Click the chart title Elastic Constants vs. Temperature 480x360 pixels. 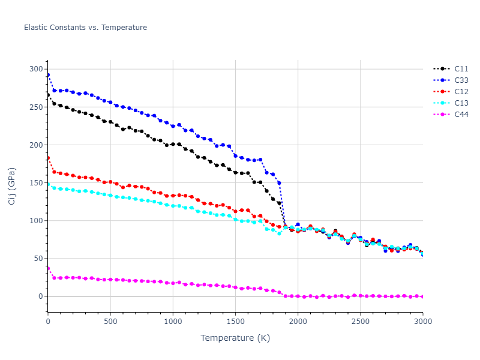85,28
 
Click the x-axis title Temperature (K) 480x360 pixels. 235,338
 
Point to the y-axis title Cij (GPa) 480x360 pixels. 13,186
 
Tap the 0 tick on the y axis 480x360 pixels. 40,296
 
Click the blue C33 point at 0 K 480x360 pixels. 48,75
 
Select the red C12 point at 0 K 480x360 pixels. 48,158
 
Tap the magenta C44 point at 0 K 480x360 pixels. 48,268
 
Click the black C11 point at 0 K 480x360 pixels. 48,95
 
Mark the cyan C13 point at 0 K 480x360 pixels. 48,184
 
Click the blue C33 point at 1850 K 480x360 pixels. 279,183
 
